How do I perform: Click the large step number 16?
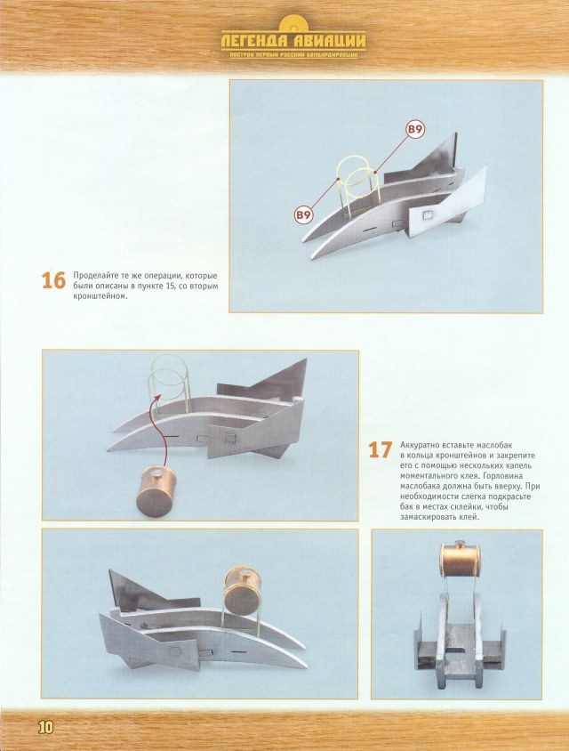click(53, 280)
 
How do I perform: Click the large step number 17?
click(381, 449)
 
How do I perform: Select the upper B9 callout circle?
click(414, 130)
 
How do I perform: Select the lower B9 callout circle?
click(303, 214)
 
